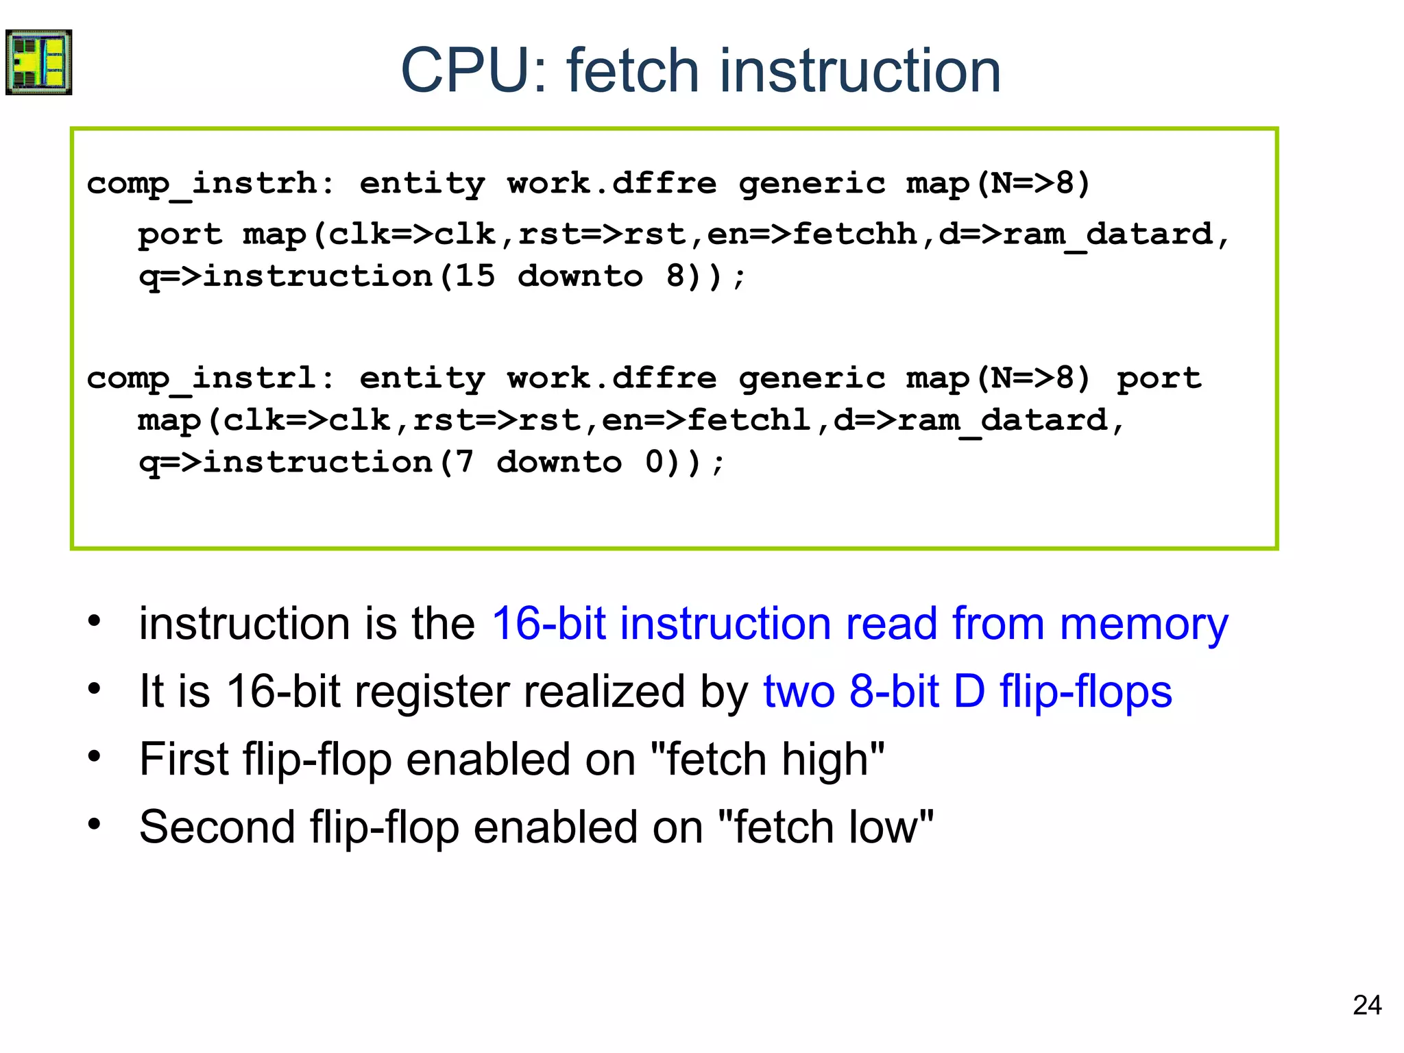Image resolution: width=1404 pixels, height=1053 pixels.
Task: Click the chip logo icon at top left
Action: [38, 62]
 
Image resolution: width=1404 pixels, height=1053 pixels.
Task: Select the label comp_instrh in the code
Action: [202, 184]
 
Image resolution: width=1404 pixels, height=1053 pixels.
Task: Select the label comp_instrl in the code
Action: [202, 378]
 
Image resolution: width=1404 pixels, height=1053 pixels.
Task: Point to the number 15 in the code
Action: [474, 276]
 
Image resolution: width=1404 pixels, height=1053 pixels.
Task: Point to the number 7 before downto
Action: [464, 462]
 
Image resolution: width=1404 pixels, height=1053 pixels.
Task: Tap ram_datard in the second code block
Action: [1003, 420]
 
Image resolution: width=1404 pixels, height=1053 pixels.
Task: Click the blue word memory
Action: [1143, 624]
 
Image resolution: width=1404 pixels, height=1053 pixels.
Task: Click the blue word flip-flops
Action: [1086, 691]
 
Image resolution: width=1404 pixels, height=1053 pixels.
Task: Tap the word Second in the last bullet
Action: [216, 827]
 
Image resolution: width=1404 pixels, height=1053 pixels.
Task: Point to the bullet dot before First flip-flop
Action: [94, 757]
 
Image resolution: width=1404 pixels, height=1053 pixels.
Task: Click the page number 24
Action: [1367, 1005]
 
